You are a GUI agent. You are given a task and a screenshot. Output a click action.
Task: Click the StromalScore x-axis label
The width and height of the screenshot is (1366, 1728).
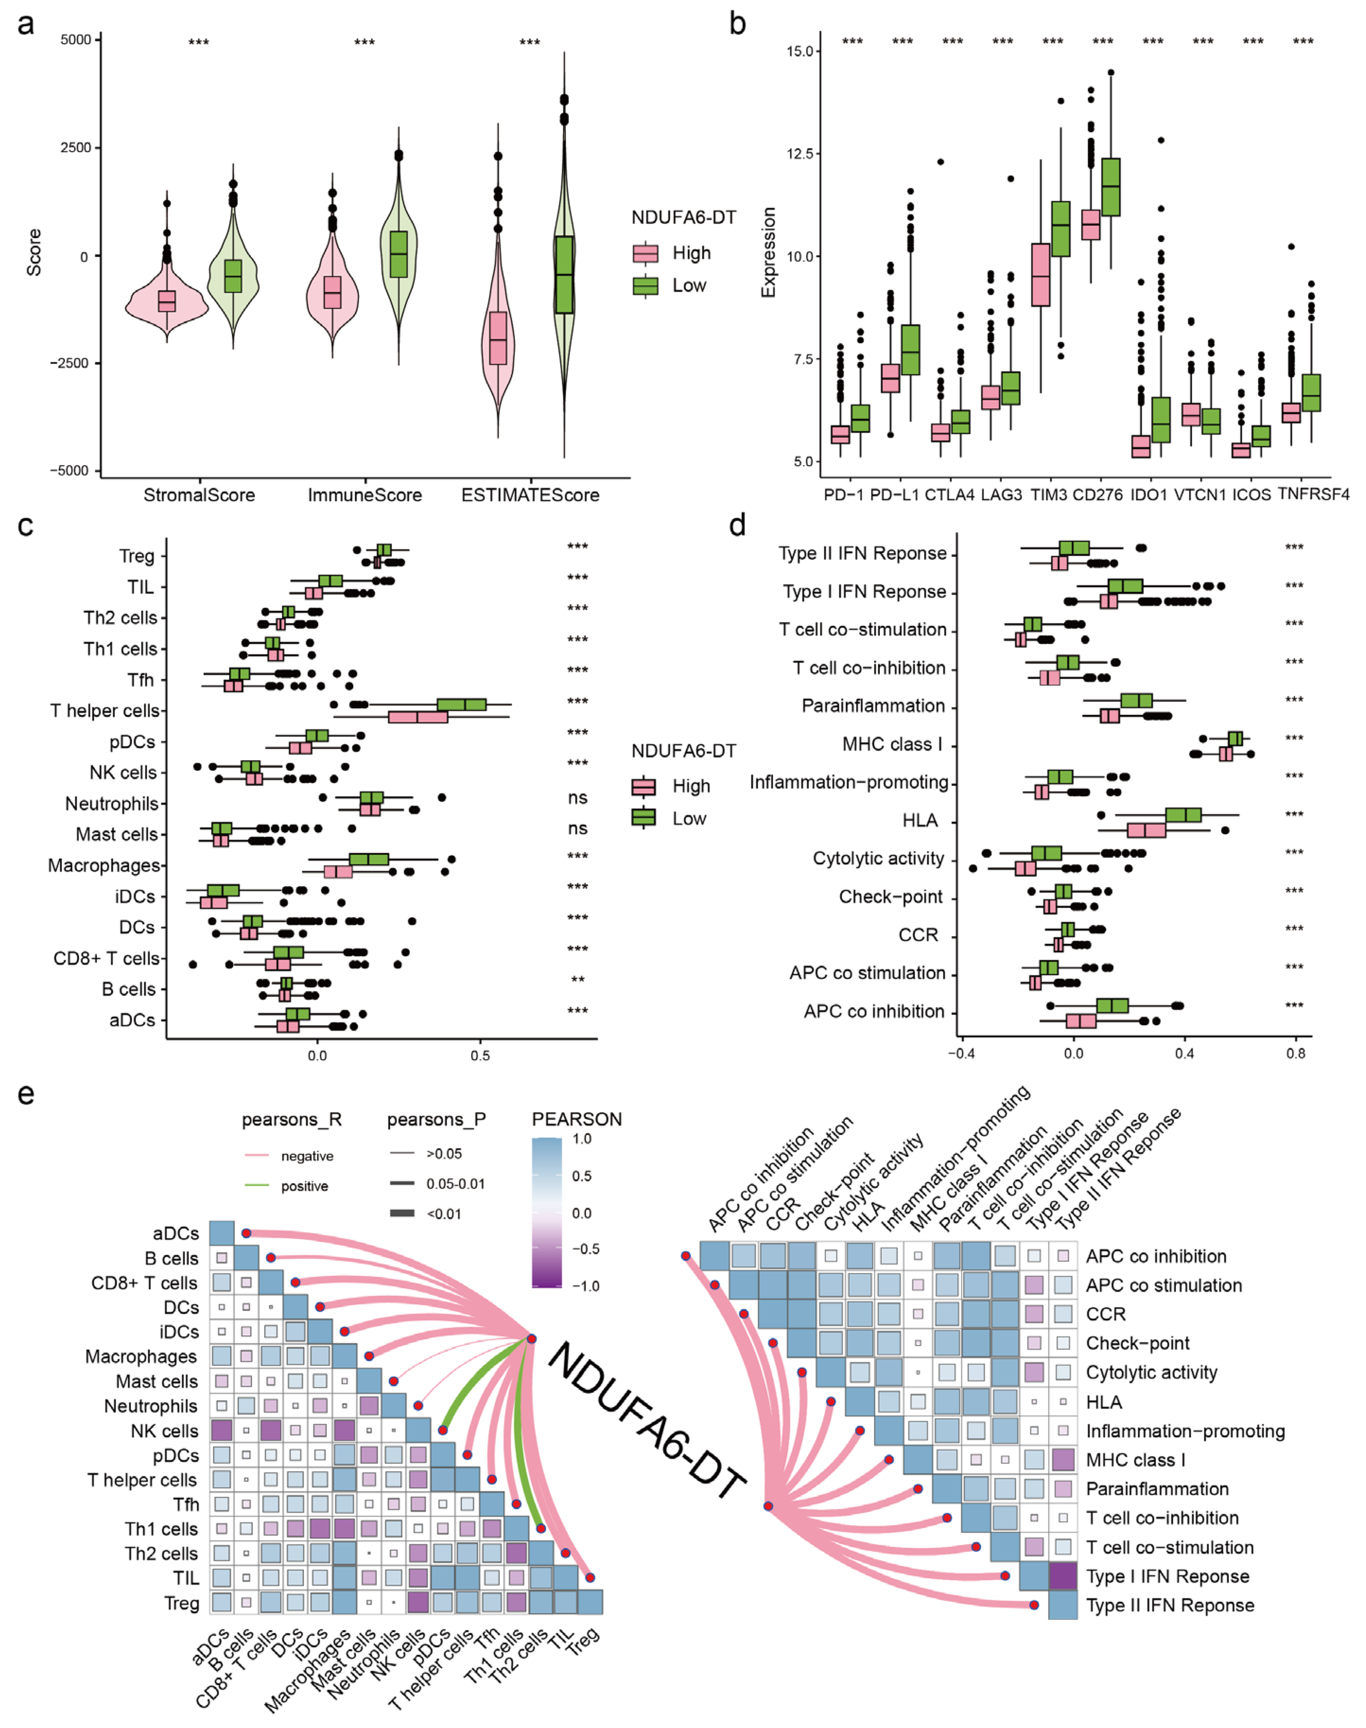199,495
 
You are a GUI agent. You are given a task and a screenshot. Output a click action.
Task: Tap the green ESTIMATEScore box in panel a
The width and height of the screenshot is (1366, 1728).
565,274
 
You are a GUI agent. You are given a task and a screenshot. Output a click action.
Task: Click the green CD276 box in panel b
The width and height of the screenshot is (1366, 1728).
1111,187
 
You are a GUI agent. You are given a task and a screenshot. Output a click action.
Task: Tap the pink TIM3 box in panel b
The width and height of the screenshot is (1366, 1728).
1041,274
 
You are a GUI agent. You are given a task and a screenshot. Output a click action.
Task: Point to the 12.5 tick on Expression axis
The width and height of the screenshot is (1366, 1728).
799,154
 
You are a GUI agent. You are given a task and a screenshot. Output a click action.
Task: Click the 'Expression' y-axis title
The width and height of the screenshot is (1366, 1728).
768,252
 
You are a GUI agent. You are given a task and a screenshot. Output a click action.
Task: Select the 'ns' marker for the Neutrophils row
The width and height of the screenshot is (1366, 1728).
577,798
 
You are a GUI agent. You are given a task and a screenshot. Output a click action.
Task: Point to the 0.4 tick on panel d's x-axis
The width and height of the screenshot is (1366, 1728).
1184,1053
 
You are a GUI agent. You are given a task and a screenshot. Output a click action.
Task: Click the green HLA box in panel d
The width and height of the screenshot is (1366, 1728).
1183,815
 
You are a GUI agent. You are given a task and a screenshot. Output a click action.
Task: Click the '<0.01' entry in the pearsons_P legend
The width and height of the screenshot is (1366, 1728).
444,1214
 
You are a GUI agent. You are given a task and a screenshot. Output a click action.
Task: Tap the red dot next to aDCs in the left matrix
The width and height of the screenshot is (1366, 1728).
246,1234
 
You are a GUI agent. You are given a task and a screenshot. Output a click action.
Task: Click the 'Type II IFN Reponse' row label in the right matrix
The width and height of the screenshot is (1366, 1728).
1169,1605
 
